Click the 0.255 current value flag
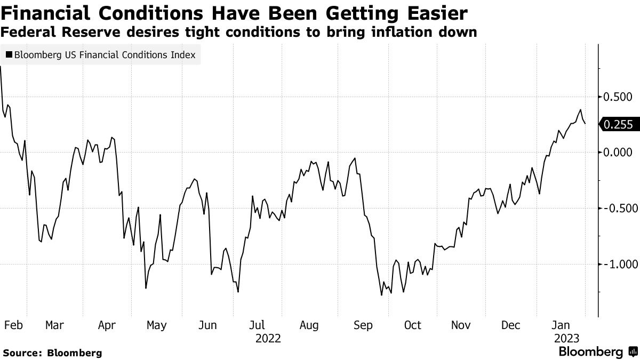click(619, 124)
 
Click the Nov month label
click(461, 325)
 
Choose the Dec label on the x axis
click(511, 325)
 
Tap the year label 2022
click(269, 338)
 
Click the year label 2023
click(566, 338)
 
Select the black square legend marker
click(9, 54)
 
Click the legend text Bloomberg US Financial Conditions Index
click(105, 54)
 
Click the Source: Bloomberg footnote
click(52, 353)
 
